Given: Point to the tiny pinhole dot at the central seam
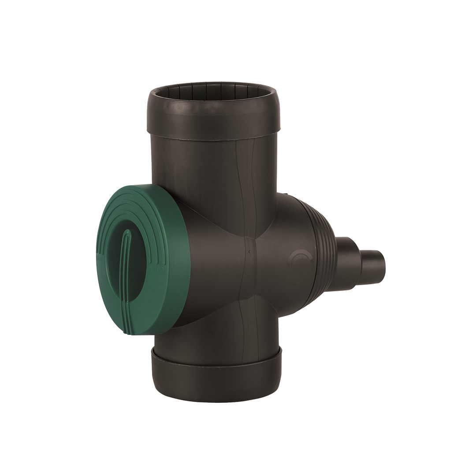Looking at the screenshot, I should (249, 253).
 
